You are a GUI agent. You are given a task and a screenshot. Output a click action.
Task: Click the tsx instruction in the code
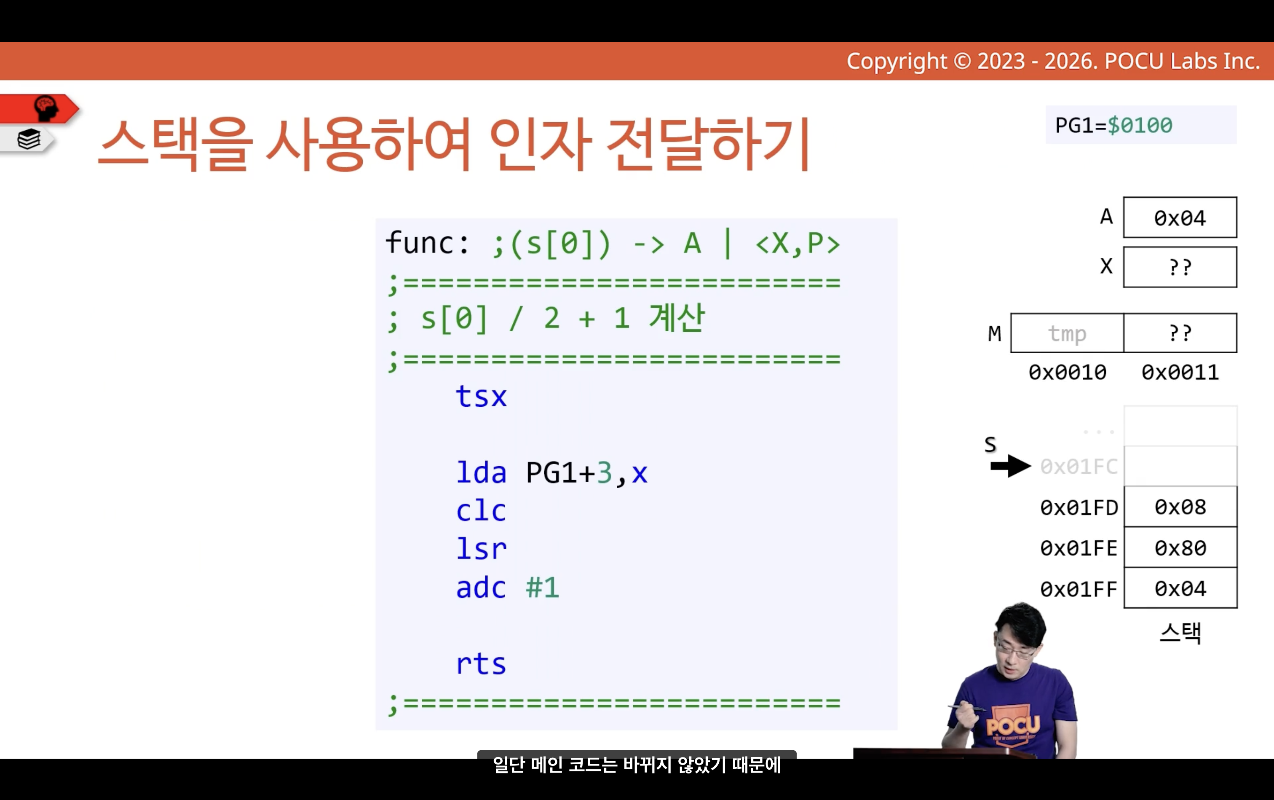(x=481, y=396)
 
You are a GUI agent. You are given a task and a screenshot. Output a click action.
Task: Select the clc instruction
(x=481, y=510)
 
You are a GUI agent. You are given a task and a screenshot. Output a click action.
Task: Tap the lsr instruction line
(x=481, y=549)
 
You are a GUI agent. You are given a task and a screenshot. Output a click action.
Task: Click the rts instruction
(x=481, y=663)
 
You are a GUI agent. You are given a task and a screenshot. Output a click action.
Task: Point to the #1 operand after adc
(x=543, y=587)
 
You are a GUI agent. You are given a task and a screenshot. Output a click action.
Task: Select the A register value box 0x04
(x=1180, y=217)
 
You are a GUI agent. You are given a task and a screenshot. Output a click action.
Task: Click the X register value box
(x=1180, y=267)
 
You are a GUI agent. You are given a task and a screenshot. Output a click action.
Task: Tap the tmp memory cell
(x=1067, y=333)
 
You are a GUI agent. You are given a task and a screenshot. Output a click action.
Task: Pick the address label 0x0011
(x=1180, y=373)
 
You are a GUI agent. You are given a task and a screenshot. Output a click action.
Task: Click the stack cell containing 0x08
(x=1180, y=507)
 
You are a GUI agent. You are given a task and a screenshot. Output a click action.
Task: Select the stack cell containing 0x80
(x=1180, y=548)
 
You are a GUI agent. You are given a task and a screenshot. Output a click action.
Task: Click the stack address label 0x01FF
(x=1079, y=589)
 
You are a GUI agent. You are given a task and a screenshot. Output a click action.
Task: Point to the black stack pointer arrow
(x=1011, y=466)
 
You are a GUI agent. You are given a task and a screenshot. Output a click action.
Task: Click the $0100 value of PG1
(x=1140, y=126)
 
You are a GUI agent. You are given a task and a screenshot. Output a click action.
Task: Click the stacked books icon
(x=29, y=140)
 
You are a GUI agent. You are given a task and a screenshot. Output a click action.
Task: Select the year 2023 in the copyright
(x=1001, y=62)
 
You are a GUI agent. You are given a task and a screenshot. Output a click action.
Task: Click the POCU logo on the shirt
(x=1013, y=725)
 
